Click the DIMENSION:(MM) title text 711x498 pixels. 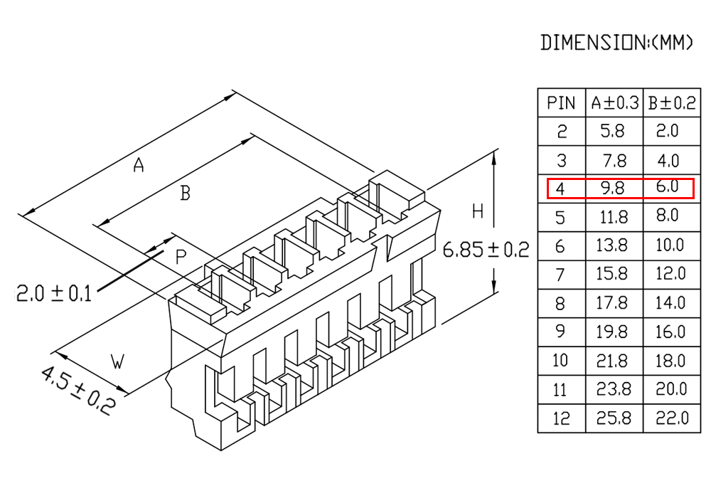(616, 43)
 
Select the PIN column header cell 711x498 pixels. (561, 103)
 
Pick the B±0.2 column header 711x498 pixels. (670, 103)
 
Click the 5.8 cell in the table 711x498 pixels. (612, 132)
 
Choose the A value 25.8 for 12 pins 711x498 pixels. (614, 418)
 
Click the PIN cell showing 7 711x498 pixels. (561, 275)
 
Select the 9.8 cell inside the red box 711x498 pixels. (612, 189)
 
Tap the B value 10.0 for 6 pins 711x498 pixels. (669, 245)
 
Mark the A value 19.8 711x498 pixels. (613, 332)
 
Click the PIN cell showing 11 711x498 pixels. (561, 390)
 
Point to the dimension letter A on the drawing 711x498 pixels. (139, 166)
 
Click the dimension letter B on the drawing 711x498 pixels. (185, 193)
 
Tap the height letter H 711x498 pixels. (477, 211)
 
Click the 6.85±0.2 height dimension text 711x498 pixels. (486, 250)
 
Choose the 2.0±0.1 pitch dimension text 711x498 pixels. (53, 293)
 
